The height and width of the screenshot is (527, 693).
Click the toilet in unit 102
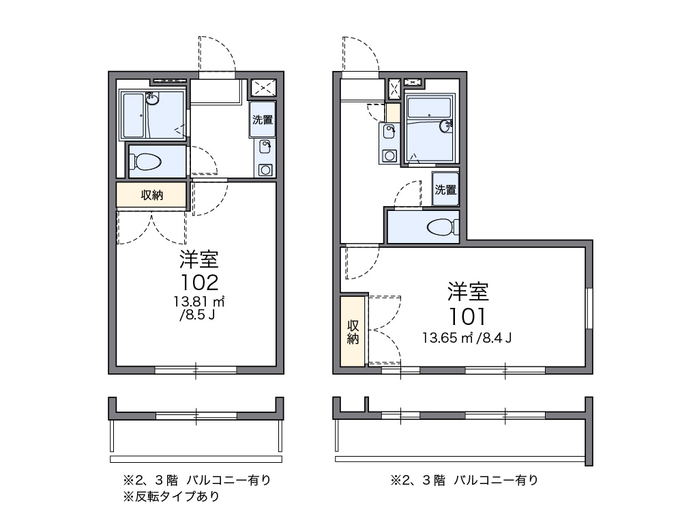147,162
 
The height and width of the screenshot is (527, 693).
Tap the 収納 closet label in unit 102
151,195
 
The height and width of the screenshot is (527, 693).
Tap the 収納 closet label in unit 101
353,331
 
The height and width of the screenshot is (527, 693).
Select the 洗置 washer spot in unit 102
263,119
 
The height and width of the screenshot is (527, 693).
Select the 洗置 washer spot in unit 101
445,189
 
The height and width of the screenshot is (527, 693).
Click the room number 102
199,281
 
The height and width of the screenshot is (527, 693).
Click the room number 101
467,315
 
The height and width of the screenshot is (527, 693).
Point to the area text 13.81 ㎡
199,301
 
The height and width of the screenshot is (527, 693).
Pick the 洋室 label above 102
199,259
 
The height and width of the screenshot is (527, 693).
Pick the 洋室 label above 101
468,291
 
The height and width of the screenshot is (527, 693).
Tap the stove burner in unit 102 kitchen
265,169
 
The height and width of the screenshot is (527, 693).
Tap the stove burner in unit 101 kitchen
389,155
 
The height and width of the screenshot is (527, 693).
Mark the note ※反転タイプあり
171,497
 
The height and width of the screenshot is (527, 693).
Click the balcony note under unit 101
464,480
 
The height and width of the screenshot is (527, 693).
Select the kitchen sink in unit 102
265,145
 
